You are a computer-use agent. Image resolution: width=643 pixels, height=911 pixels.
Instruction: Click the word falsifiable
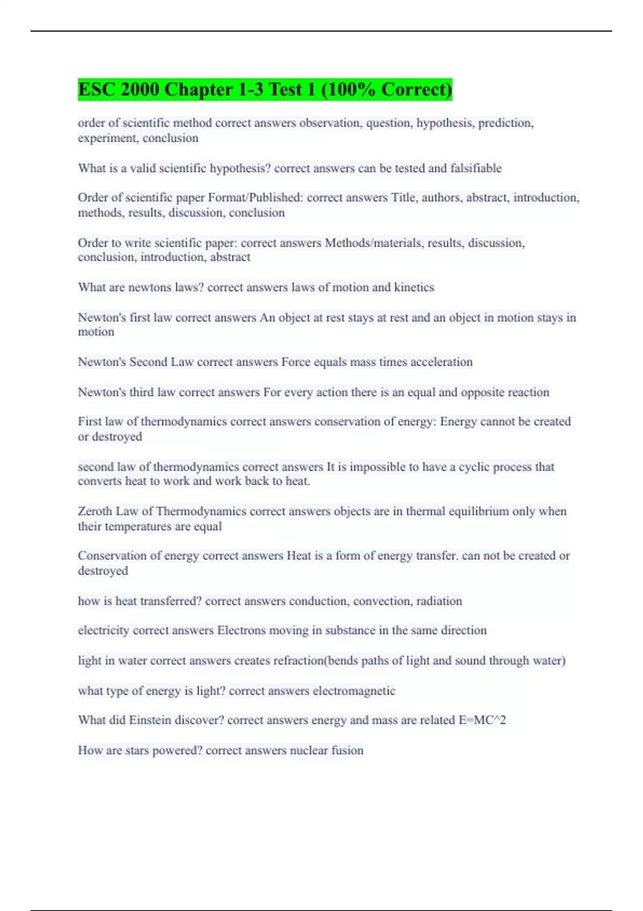(476, 168)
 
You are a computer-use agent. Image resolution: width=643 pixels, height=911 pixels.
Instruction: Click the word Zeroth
(95, 511)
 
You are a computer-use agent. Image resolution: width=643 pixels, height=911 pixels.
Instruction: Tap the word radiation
(439, 601)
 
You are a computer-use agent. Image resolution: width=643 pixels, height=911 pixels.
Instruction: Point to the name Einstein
(149, 720)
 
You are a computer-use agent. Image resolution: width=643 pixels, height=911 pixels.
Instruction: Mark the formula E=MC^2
(482, 720)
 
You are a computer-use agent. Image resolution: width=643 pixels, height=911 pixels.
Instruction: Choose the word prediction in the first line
(505, 123)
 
